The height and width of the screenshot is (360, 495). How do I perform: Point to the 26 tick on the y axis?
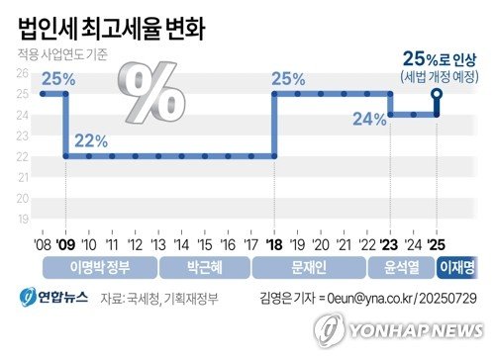[x=22, y=73]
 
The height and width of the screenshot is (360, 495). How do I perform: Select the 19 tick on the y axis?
[x=22, y=220]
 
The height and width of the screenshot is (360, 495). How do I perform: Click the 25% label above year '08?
[x=56, y=78]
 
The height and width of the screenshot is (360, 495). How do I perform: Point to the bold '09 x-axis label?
[x=65, y=242]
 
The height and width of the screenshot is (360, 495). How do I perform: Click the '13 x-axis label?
[x=158, y=242]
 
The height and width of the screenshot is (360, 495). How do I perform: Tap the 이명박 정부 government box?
[x=99, y=265]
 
